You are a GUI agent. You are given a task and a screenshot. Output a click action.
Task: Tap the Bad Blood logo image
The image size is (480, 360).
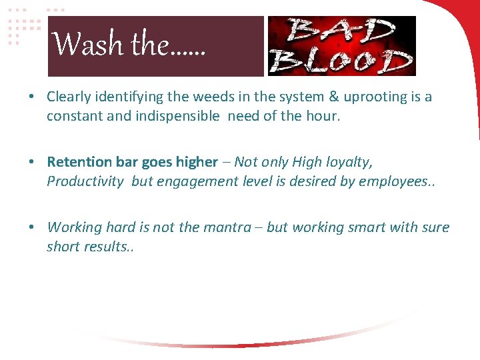click(x=341, y=46)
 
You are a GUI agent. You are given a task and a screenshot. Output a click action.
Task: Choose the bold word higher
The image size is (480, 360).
click(x=197, y=162)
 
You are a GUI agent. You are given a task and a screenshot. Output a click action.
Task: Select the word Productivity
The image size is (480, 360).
click(x=85, y=181)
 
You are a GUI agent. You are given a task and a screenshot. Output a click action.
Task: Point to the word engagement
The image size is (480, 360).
click(x=193, y=181)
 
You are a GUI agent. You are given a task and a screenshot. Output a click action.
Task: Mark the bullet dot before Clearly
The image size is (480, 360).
click(x=31, y=97)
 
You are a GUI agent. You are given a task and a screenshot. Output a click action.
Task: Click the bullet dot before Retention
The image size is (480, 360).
click(x=31, y=163)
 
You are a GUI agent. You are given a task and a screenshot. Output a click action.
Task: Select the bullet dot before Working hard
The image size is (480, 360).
click(x=31, y=228)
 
